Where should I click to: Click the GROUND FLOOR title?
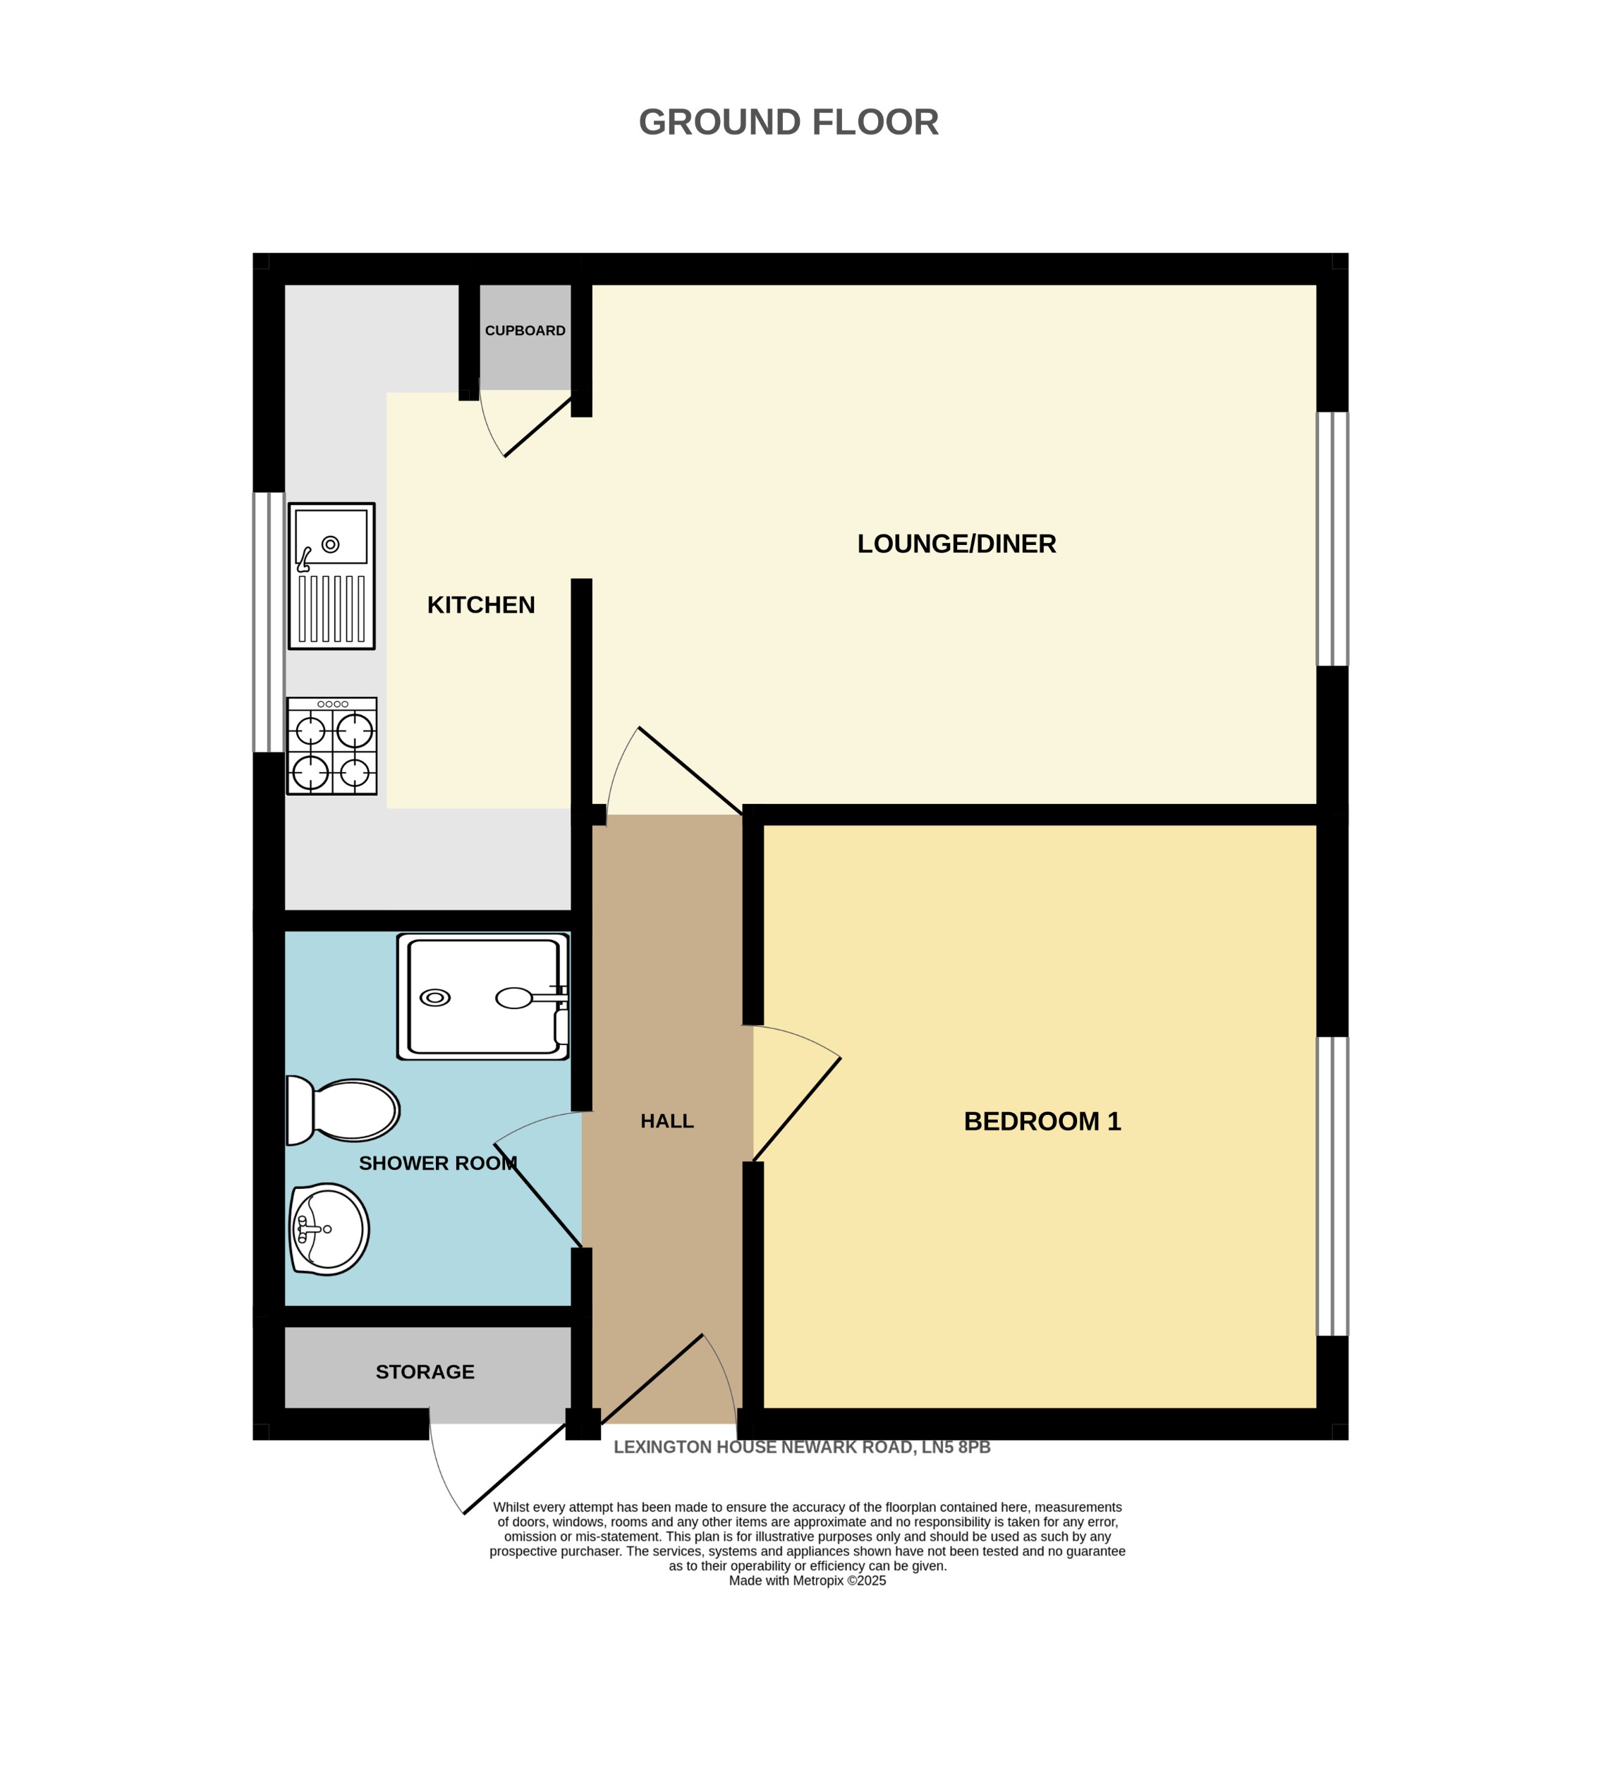[x=789, y=122]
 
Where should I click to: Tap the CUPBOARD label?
[x=525, y=331]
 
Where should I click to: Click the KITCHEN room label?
[x=480, y=605]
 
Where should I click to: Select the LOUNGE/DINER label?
[x=956, y=544]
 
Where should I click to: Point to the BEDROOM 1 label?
[x=1042, y=1122]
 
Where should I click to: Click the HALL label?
[x=666, y=1122]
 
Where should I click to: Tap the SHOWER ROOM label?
[x=437, y=1164]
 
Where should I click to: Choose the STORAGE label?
[x=425, y=1372]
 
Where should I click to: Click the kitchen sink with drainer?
[x=331, y=576]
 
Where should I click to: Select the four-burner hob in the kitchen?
[x=331, y=746]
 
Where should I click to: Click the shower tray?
[x=483, y=996]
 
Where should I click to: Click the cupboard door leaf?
[x=538, y=427]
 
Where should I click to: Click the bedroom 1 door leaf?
[x=796, y=1110]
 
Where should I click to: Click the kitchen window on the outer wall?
[x=268, y=622]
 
